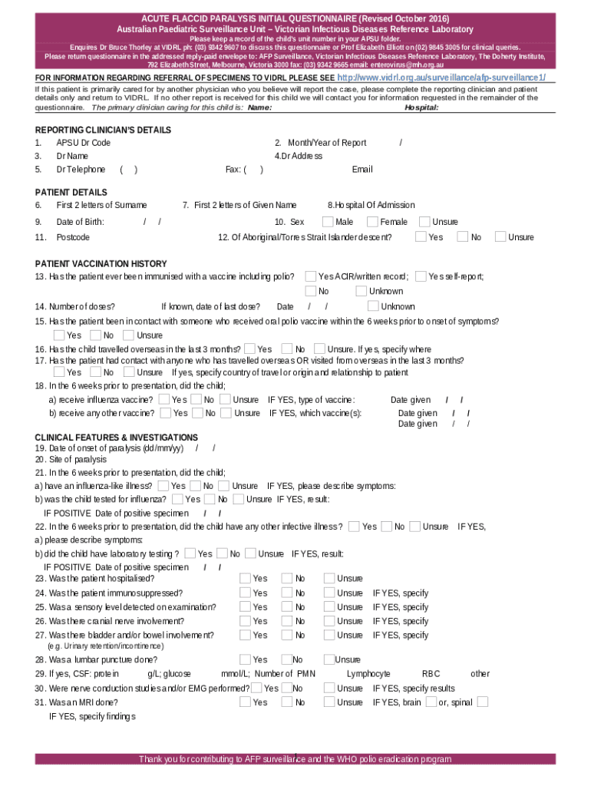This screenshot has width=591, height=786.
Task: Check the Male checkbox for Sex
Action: click(328, 222)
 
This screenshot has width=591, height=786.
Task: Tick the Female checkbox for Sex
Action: click(372, 222)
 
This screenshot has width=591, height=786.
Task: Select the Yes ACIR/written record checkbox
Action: click(311, 276)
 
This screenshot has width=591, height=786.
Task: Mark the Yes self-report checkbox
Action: click(421, 276)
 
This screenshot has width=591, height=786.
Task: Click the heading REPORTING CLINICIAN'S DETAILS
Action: click(103, 130)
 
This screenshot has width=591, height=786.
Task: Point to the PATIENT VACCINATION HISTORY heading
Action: click(101, 263)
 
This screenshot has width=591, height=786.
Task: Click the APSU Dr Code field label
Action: click(83, 143)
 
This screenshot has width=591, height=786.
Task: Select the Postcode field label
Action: click(73, 237)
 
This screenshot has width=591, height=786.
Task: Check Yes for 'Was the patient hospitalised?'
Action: click(245, 578)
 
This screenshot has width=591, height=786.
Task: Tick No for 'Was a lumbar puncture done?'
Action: click(286, 659)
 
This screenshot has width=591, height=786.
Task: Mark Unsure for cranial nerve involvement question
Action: click(329, 620)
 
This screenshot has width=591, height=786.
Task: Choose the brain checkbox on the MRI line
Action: click(431, 702)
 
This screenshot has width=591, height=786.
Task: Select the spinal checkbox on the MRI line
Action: click(482, 702)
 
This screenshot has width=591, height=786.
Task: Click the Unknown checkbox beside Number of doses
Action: click(373, 306)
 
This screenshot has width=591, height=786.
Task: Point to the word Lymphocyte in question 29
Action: click(368, 674)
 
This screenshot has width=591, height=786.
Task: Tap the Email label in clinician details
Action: click(362, 169)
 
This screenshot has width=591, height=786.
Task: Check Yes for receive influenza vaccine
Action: click(164, 399)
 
